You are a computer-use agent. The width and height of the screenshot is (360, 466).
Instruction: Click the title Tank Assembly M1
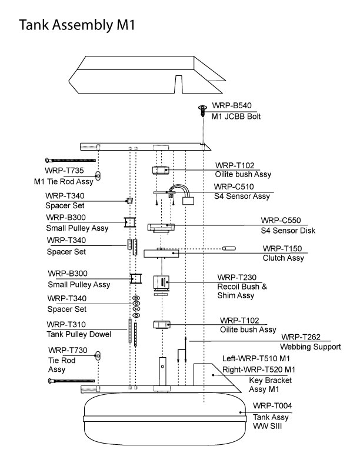click(78, 25)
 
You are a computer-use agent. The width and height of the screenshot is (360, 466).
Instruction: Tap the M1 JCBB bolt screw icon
click(203, 109)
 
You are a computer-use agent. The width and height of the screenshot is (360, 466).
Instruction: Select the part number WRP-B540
click(232, 105)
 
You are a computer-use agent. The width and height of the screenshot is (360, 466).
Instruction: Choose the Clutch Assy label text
click(283, 258)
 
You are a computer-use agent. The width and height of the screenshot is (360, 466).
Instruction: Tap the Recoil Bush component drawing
click(161, 284)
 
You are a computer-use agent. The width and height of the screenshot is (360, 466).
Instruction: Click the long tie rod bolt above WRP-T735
click(69, 160)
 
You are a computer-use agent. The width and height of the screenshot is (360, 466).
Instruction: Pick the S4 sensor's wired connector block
click(189, 201)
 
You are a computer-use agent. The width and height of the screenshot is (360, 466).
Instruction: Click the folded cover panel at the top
click(141, 75)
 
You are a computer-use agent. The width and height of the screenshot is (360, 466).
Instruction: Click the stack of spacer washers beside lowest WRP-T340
click(136, 307)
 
